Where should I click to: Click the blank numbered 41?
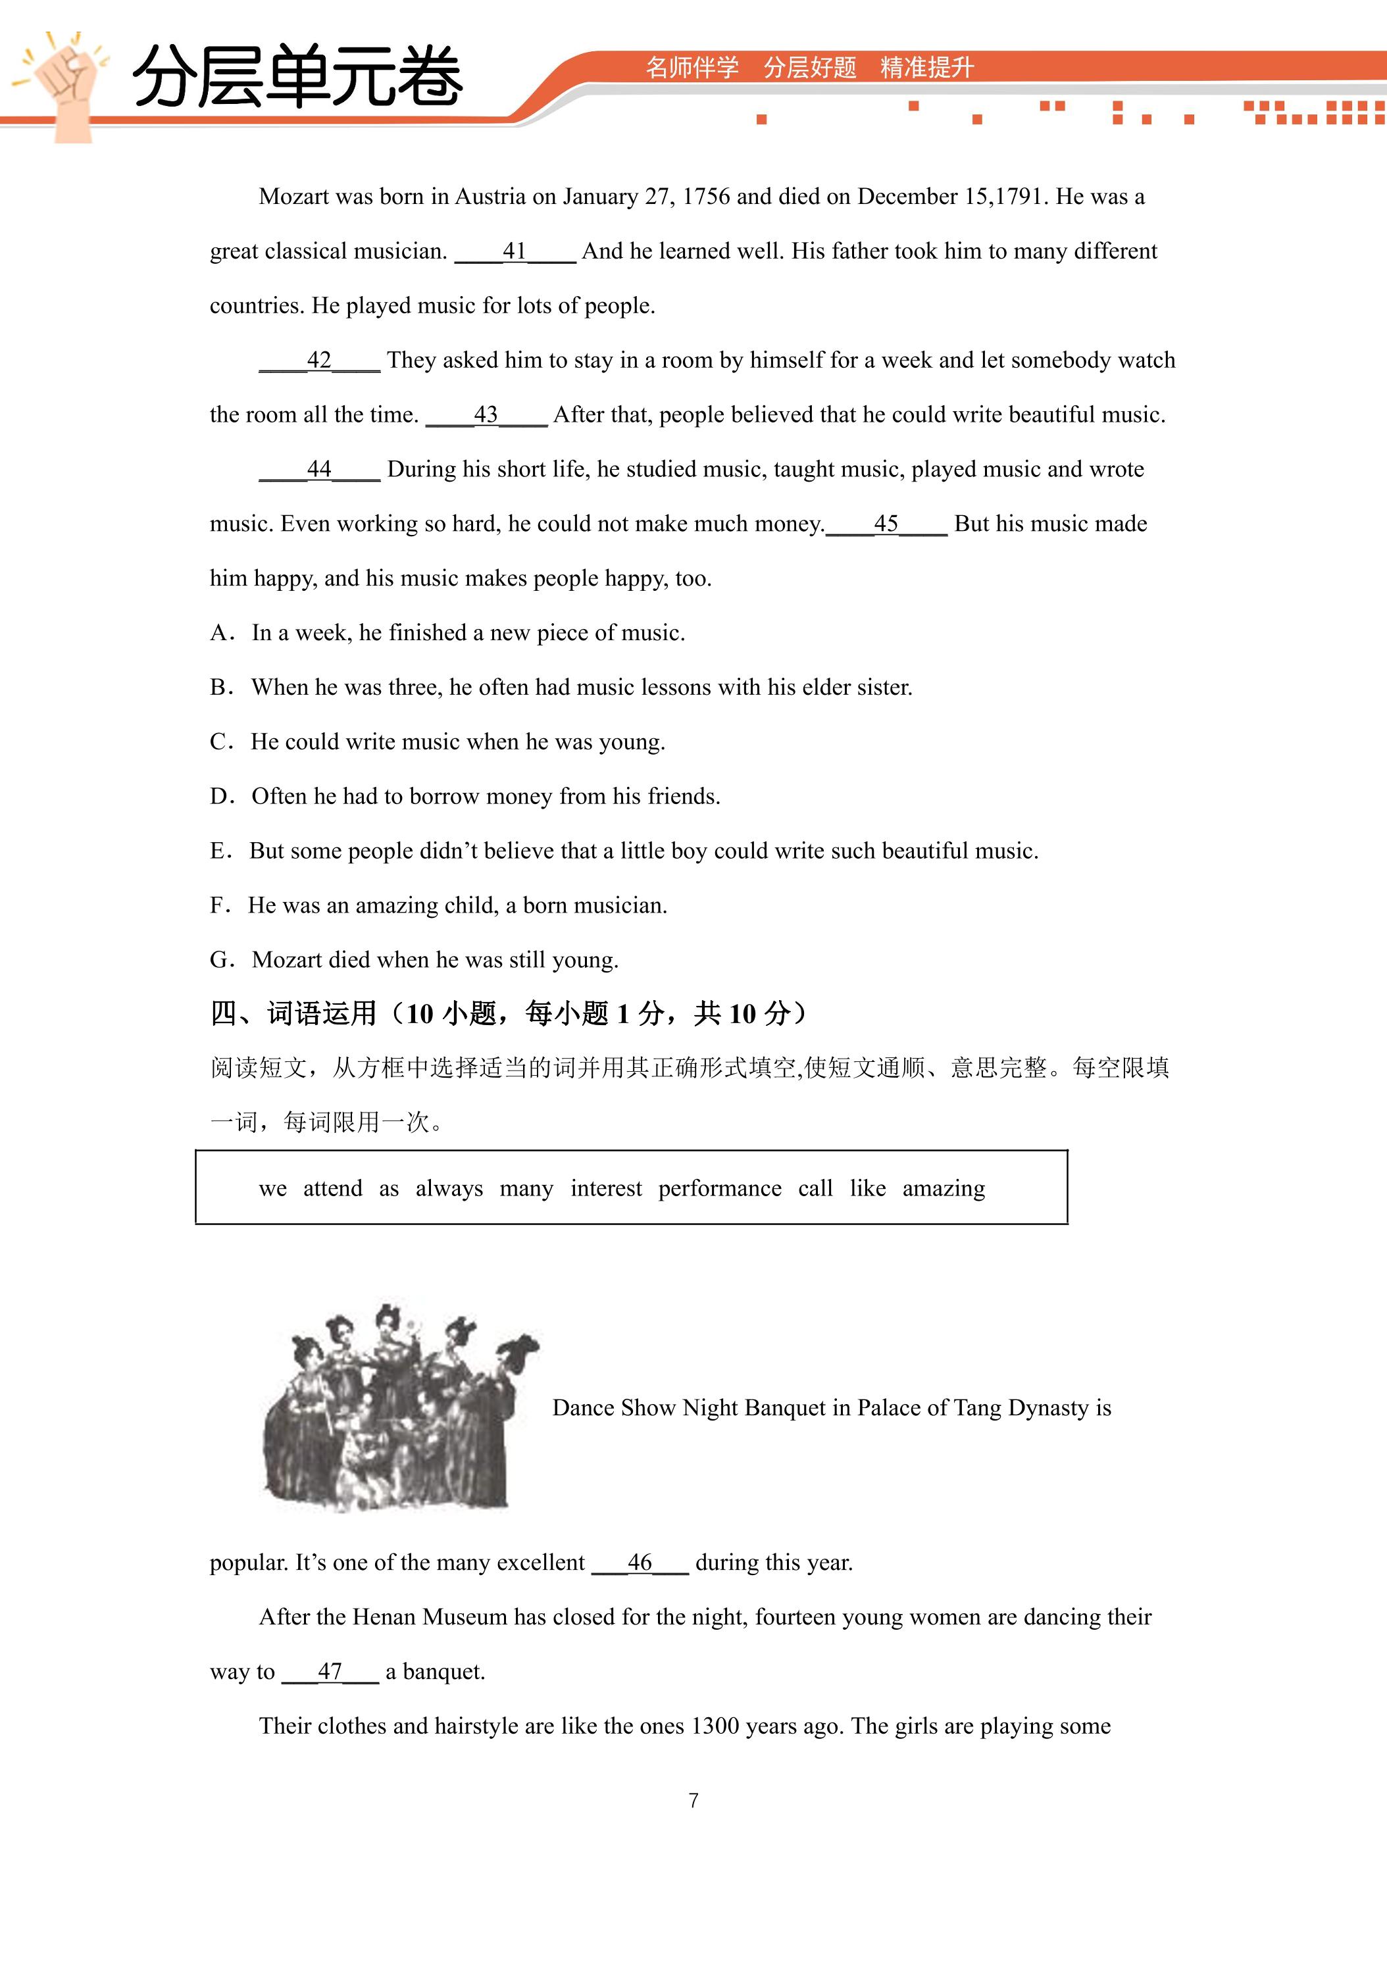pyautogui.click(x=515, y=251)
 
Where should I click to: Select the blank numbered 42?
pyautogui.click(x=318, y=361)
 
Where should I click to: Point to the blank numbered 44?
pyautogui.click(x=318, y=469)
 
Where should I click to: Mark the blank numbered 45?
pyautogui.click(x=886, y=524)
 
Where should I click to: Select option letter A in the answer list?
pyautogui.click(x=220, y=633)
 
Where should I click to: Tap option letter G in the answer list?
pyautogui.click(x=220, y=961)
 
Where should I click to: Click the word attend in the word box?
pyautogui.click(x=332, y=1189)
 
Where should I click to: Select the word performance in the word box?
pyautogui.click(x=720, y=1189)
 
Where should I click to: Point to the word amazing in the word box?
pyautogui.click(x=944, y=1189)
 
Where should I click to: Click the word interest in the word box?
pyautogui.click(x=606, y=1189)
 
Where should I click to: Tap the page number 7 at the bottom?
pyautogui.click(x=693, y=1801)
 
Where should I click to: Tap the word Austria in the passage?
pyautogui.click(x=490, y=197)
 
